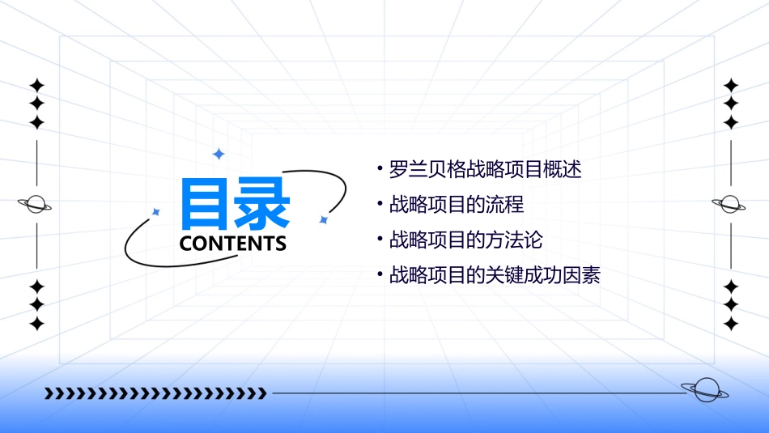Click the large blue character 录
tap(262, 205)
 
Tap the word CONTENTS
tap(233, 244)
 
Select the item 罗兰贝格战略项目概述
tap(485, 170)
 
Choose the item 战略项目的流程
tap(457, 205)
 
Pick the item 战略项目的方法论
tap(465, 240)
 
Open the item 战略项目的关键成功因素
tap(495, 275)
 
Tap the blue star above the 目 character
tap(218, 153)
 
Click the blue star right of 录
tap(323, 219)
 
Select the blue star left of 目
tap(156, 212)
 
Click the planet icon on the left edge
tap(36, 204)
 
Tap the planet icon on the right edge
tap(730, 204)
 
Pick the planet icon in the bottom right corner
tap(705, 390)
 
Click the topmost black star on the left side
tap(36, 85)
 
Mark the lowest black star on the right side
tap(731, 324)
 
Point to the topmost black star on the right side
tap(731, 85)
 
